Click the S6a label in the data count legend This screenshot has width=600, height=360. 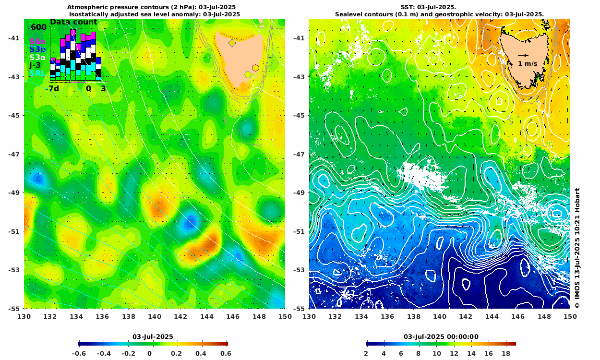pyautogui.click(x=36, y=42)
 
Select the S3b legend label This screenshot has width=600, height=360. pyautogui.click(x=37, y=49)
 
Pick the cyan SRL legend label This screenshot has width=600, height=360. pyautogui.click(x=37, y=73)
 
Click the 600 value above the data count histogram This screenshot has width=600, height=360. pyautogui.click(x=38, y=27)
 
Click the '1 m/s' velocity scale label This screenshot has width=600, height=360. pyautogui.click(x=528, y=63)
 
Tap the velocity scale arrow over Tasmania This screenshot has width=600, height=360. pyautogui.click(x=523, y=55)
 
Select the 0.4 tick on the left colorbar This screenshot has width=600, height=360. pyautogui.click(x=202, y=353)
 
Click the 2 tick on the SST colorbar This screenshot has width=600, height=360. pyautogui.click(x=366, y=353)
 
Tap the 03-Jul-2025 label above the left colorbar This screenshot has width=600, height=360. pyautogui.click(x=153, y=336)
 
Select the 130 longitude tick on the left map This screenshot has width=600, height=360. pyautogui.click(x=24, y=317)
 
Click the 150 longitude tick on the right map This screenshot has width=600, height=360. pyautogui.click(x=570, y=317)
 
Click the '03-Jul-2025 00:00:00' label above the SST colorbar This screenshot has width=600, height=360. pyautogui.click(x=441, y=336)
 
